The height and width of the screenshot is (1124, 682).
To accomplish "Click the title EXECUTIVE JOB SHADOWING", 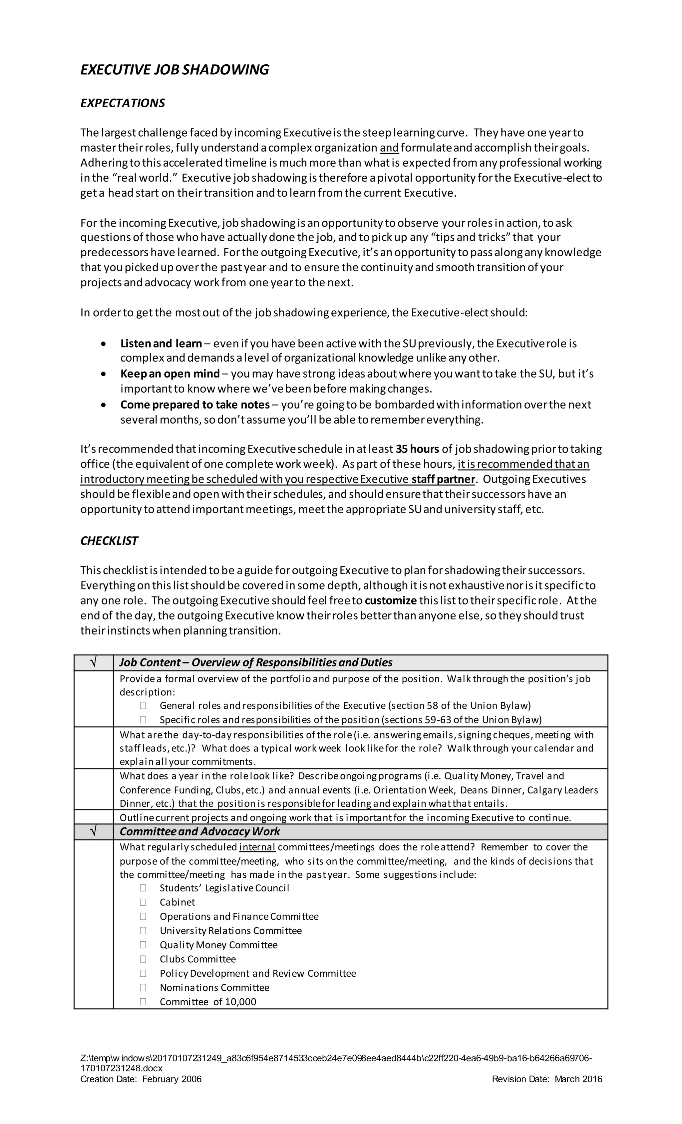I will pos(174,70).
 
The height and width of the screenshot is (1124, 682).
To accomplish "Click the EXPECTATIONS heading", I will pos(123,103).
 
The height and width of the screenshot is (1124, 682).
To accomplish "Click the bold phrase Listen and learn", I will pos(161,344).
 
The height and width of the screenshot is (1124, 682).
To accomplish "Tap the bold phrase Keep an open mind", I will pos(170,374).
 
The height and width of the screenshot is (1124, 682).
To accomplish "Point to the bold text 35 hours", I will pos(417,449).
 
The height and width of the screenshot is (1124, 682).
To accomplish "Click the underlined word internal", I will pos(257,847).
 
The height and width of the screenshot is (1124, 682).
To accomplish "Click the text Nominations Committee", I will pos(214,988).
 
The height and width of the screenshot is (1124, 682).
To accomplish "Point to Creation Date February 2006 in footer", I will pos(141,1079).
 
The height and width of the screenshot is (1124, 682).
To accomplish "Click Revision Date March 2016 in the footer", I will pos(547,1079).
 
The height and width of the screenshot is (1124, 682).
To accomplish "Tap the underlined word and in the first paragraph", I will pos(389,148).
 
